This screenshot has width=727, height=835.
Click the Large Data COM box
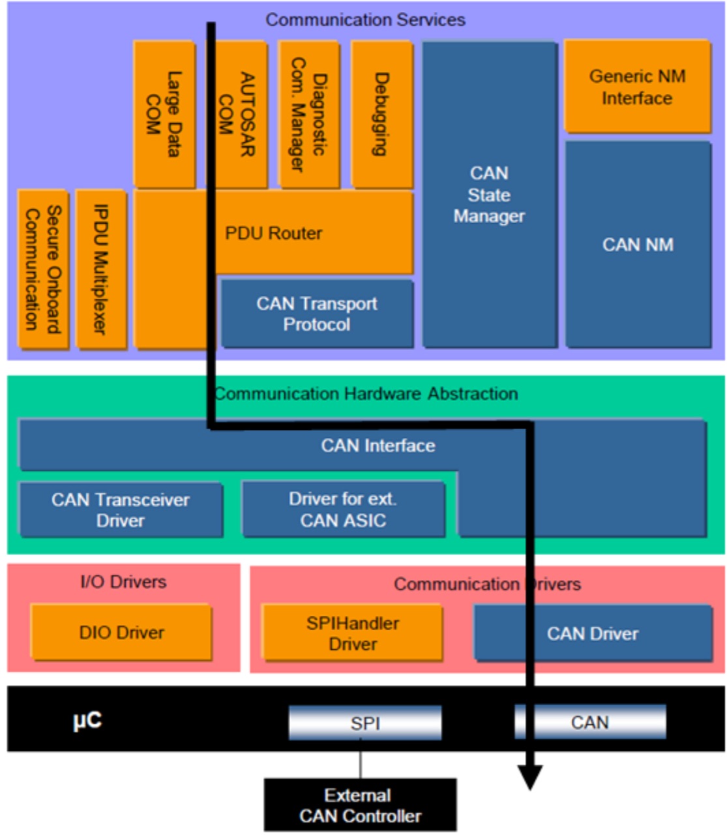click(x=164, y=114)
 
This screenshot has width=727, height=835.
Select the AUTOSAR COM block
click(x=237, y=114)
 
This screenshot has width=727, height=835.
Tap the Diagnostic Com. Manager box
click(x=308, y=114)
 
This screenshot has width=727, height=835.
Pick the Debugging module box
click(x=381, y=114)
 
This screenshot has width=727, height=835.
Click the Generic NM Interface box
click(x=637, y=86)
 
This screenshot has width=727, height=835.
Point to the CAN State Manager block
click(x=490, y=194)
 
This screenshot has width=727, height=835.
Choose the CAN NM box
click(x=638, y=245)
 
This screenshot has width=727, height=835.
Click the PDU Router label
click(x=274, y=234)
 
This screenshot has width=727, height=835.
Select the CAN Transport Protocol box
click(x=318, y=314)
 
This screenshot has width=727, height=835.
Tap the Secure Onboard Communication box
click(x=43, y=269)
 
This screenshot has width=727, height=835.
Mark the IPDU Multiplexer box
click(x=101, y=269)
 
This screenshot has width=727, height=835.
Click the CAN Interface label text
click(x=378, y=446)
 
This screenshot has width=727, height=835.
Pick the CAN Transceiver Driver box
click(x=121, y=509)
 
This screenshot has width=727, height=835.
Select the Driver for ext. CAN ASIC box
click(x=344, y=509)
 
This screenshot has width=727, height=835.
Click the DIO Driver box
click(x=121, y=632)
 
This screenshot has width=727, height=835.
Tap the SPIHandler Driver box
click(x=352, y=633)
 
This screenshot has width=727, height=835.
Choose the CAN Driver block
click(x=593, y=633)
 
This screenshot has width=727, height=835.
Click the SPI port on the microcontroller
click(x=365, y=723)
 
